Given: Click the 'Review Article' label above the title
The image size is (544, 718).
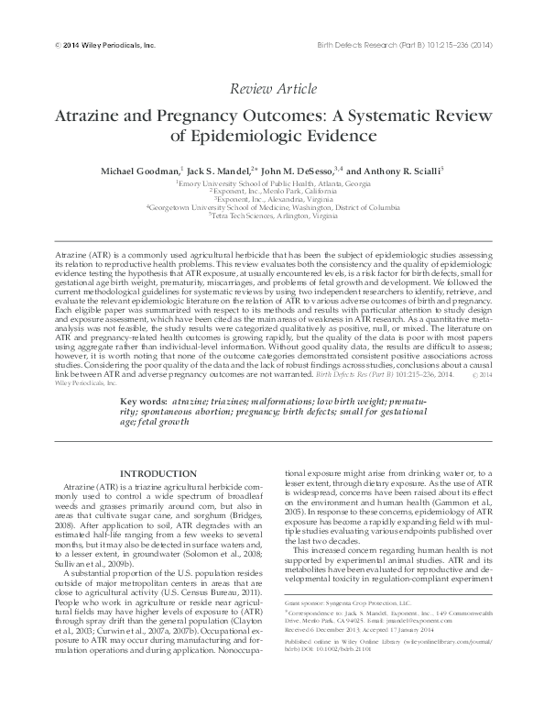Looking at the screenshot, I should coord(273,89).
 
